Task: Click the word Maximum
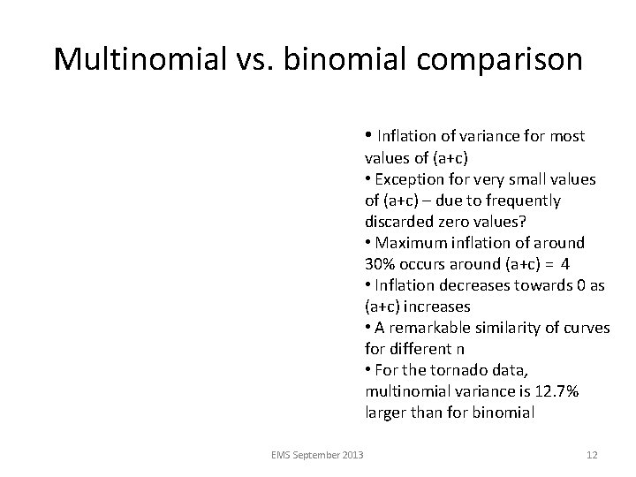[412, 243]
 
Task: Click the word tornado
[461, 370]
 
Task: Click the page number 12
[592, 455]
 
